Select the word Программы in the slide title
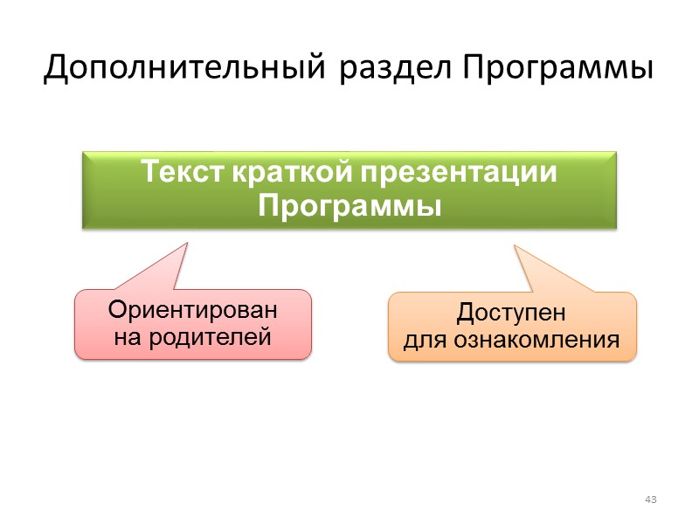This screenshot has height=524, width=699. [557, 67]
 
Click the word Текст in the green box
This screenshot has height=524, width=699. [183, 172]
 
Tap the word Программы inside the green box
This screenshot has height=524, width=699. [349, 207]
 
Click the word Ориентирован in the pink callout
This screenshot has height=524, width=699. [192, 310]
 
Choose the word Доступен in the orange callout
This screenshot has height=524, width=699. [512, 313]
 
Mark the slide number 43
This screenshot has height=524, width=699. [649, 500]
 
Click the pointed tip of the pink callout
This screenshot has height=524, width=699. [187, 243]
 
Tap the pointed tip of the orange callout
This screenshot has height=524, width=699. [513, 247]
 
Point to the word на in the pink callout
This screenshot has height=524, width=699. [127, 336]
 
